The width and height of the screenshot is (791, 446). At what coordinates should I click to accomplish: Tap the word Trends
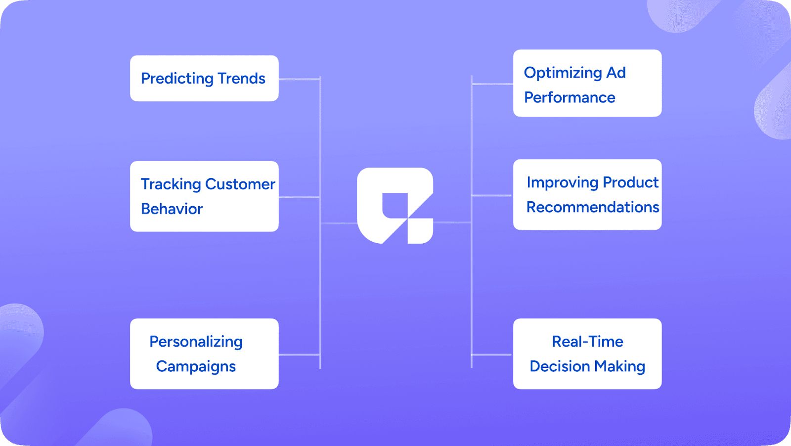tap(241, 79)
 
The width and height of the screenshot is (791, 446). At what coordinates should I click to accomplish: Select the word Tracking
tap(171, 184)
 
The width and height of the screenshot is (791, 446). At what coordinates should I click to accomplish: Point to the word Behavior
tap(172, 209)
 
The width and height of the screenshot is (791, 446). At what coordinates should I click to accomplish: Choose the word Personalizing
tap(196, 342)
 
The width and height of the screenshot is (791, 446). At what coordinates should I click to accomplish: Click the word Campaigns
tap(196, 366)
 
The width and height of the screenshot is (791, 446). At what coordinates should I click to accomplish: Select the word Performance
tap(570, 97)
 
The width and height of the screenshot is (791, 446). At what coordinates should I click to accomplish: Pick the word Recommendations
tap(592, 207)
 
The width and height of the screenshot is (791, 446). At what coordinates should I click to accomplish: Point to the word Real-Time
tap(587, 342)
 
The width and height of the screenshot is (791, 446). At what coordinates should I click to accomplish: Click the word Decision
tap(560, 366)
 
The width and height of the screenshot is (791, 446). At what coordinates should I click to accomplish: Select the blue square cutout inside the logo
tap(395, 205)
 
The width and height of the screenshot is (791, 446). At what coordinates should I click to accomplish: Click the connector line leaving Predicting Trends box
tap(299, 79)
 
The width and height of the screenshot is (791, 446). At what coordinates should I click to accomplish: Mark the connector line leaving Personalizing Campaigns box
tap(299, 355)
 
